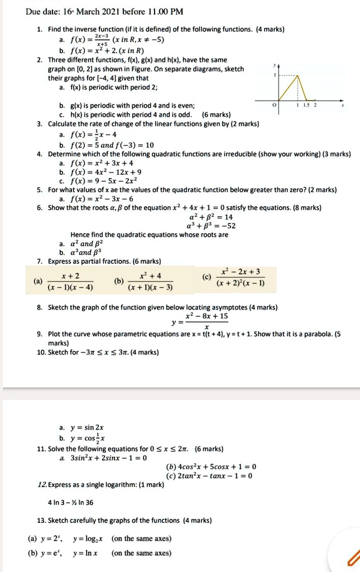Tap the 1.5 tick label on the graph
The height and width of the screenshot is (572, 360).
(306, 105)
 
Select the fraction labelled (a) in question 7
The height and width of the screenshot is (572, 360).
(70, 282)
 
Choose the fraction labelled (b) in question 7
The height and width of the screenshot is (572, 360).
(150, 282)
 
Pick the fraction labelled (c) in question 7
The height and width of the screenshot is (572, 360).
(240, 277)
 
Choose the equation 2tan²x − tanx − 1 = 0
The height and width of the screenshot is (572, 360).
(209, 476)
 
